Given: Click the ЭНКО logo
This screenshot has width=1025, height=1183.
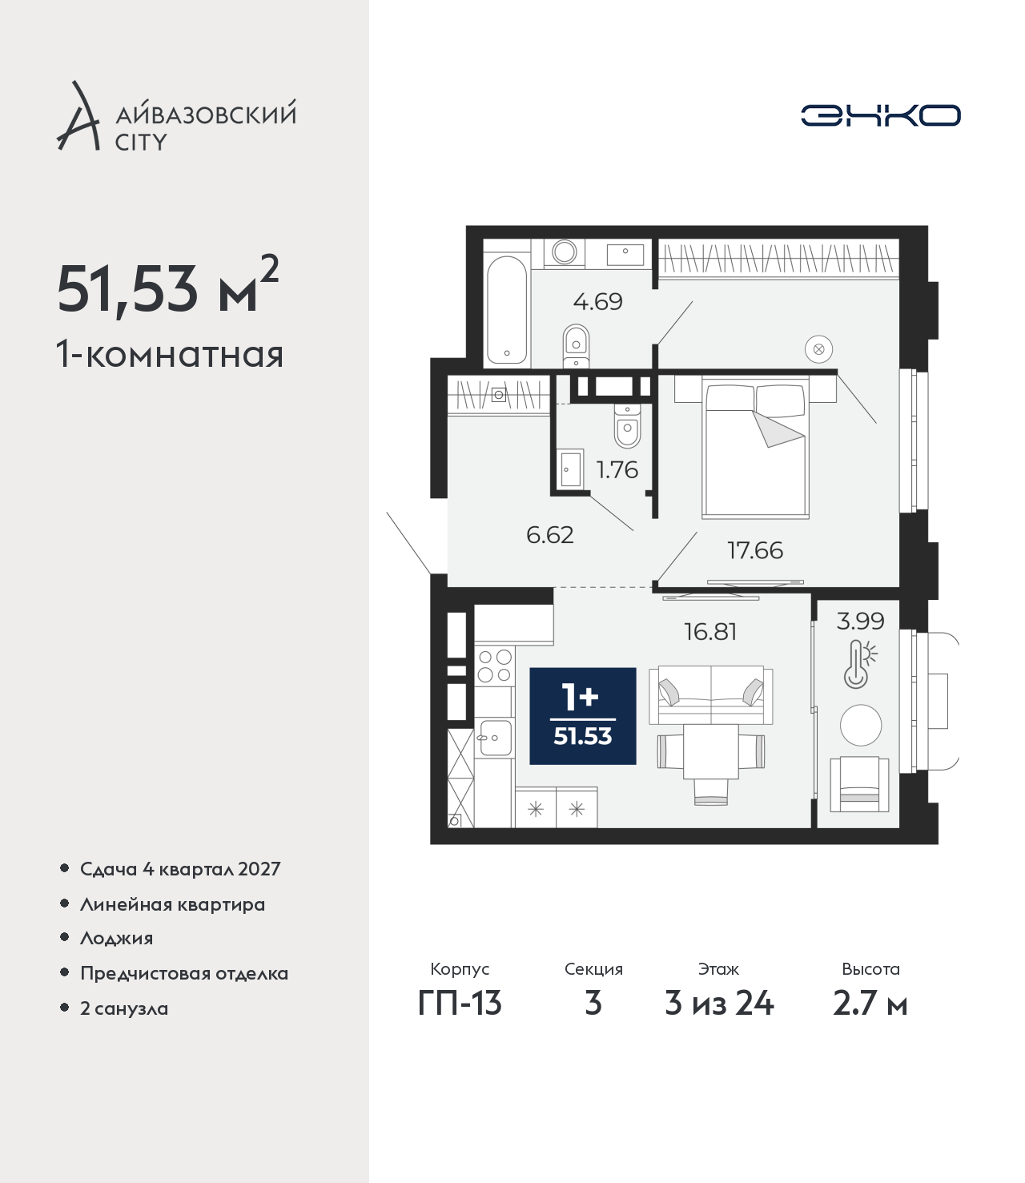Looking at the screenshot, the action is click(880, 115).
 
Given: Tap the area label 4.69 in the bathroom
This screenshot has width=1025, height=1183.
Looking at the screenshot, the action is click(597, 301).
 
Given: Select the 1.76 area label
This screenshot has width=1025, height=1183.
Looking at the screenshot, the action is click(617, 470).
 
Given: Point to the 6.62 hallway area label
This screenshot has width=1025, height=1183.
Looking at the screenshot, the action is click(549, 535).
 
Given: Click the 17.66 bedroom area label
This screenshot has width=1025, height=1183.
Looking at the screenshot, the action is click(755, 550).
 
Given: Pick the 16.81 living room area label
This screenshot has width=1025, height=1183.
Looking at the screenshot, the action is click(710, 632).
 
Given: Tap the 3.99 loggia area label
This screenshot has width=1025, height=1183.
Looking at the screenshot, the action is click(860, 621).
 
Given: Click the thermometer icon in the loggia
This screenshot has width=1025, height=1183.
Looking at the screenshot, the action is click(859, 664).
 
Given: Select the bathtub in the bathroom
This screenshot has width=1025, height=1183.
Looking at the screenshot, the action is click(506, 309).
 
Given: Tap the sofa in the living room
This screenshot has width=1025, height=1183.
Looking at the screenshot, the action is click(711, 696).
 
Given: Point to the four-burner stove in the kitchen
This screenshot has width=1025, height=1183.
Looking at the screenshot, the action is click(494, 666).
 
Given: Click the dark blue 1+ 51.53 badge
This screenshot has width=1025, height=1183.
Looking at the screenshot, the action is click(583, 716).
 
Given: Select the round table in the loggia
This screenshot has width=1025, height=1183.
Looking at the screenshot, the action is click(860, 725).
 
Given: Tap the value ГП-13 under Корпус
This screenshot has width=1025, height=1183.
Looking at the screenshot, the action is click(460, 1003).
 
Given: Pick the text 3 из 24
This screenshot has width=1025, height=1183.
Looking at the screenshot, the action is click(719, 1003).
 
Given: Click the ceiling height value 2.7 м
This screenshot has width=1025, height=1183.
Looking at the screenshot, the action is click(870, 1003).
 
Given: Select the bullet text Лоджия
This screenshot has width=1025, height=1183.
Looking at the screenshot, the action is click(117, 939).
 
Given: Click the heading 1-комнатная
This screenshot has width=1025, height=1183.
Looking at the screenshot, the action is click(170, 355).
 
